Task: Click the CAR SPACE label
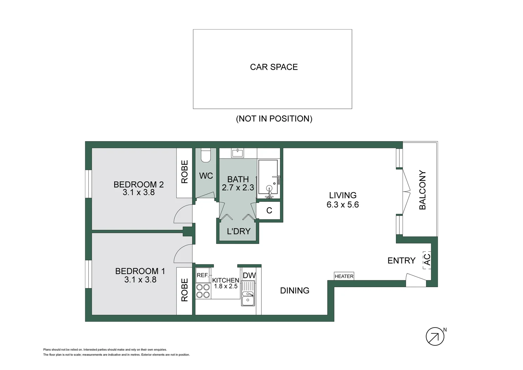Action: click(273, 67)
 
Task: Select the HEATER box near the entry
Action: click(344, 276)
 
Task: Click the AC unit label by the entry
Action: click(427, 260)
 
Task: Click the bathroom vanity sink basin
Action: click(238, 153)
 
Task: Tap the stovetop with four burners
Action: click(203, 291)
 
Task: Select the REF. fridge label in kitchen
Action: click(202, 275)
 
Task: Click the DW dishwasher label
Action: click(249, 275)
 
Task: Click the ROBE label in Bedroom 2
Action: click(184, 172)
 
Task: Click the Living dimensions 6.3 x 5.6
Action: click(343, 205)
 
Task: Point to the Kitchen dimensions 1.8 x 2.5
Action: click(226, 286)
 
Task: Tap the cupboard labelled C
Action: click(269, 211)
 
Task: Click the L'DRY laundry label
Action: click(239, 231)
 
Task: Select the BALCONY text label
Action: click(423, 190)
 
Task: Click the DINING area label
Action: click(295, 291)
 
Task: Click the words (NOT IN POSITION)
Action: click(274, 119)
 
